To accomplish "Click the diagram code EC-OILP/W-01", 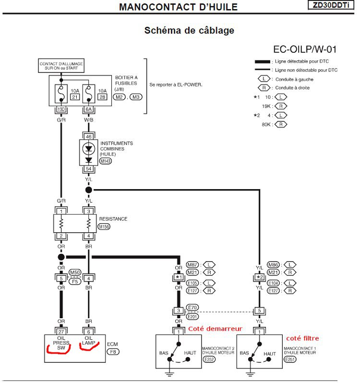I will point(305,49).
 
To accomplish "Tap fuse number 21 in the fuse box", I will point(75,97).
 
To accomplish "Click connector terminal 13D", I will point(61,110).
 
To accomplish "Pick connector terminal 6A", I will point(88,110).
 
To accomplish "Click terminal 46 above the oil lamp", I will point(88,137).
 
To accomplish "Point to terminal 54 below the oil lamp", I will point(88,169).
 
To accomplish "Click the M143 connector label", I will point(106,161).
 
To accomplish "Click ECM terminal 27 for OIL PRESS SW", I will point(61,331).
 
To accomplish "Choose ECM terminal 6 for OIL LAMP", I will point(88,331).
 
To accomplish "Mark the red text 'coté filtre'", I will point(302,338).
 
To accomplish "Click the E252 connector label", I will point(209,359).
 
